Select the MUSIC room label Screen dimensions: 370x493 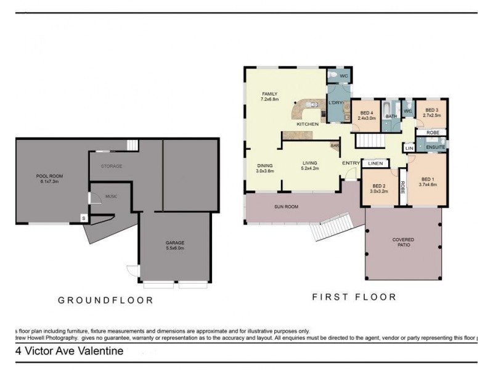(x=111, y=197)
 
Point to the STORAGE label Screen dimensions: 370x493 (x=112, y=166)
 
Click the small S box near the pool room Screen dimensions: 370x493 (x=84, y=218)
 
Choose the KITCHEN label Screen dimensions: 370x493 (x=308, y=124)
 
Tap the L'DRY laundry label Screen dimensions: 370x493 (x=336, y=102)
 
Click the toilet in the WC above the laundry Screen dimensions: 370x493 (x=333, y=76)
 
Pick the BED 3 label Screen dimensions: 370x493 (x=431, y=112)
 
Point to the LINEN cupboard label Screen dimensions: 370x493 (x=374, y=163)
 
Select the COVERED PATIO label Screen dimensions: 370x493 (x=403, y=242)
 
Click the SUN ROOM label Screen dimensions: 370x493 (x=287, y=207)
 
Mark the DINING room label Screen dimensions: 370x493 (x=264, y=168)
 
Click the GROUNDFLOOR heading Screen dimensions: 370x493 (x=105, y=300)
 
